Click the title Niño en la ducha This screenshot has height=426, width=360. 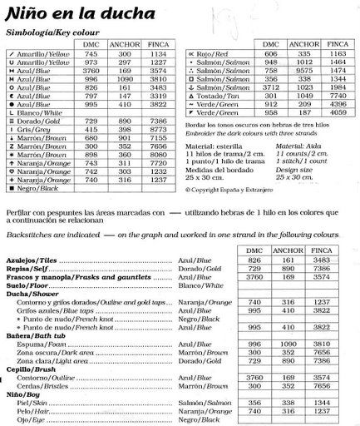click(x=61, y=13)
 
